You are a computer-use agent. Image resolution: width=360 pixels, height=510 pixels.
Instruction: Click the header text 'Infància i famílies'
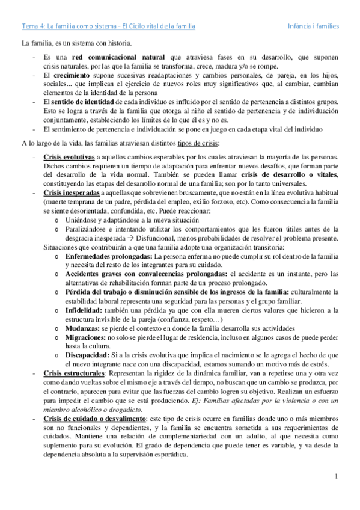(314, 26)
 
